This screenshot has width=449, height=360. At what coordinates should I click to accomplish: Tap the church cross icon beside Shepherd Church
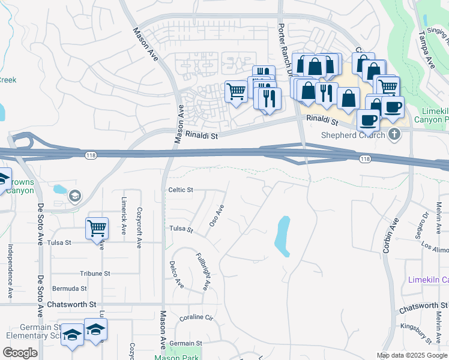pos(394,133)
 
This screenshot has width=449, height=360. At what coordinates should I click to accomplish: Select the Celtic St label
pos(181,190)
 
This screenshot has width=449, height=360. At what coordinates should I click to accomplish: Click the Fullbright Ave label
pos(202,271)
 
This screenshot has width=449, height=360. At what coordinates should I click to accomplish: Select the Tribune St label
pos(95,273)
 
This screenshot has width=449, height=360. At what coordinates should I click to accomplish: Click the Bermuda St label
pos(65,287)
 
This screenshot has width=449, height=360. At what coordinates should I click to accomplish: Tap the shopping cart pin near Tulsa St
pos(97,228)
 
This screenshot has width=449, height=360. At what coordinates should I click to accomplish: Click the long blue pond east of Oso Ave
pos(282,236)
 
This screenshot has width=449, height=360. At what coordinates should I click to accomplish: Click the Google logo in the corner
pos(20,352)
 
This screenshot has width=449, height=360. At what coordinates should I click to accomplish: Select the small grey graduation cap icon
pos(75,195)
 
